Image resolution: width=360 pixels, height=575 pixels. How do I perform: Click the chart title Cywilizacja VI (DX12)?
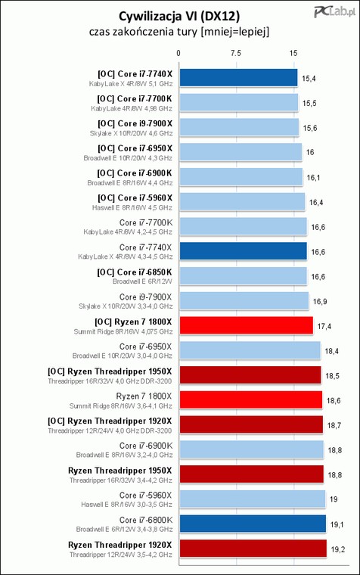click(179, 16)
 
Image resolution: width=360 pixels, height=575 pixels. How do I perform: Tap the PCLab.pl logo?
click(334, 12)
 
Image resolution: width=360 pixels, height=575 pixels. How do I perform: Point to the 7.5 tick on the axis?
click(236, 53)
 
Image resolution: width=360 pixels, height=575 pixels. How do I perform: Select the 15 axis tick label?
click(293, 53)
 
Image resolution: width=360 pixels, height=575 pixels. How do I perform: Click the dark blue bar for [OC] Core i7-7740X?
click(238, 78)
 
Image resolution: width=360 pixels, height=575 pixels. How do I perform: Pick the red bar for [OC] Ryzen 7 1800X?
click(247, 325)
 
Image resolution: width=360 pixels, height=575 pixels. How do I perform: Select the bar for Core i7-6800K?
click(253, 524)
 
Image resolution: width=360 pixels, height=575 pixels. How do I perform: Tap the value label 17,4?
click(324, 326)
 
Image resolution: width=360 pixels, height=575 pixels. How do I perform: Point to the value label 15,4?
click(309, 79)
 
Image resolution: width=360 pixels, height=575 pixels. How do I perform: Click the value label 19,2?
click(337, 549)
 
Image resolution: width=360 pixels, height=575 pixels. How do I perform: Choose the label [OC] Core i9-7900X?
click(135, 123)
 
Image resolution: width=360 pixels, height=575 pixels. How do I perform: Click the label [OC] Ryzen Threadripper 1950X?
click(110, 371)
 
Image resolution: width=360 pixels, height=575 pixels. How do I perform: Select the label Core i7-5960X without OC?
click(145, 495)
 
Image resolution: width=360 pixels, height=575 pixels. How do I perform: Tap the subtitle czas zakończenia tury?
click(144, 32)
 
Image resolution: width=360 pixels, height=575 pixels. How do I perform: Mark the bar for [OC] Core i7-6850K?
click(243, 276)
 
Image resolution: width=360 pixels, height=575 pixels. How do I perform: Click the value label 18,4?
click(331, 351)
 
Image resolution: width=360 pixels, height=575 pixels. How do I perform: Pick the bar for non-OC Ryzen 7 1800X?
click(251, 399)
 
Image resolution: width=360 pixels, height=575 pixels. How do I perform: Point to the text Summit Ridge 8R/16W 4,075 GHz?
click(123, 331)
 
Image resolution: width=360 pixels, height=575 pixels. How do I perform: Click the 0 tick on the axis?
click(178, 53)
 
